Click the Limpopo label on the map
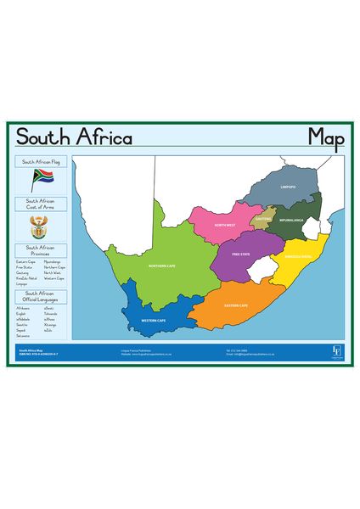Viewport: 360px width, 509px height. (288, 187)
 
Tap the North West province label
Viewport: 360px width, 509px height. (225, 225)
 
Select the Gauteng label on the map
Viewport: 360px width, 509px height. (263, 218)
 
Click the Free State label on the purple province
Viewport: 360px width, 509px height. (242, 253)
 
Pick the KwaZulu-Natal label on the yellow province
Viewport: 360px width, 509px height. (298, 255)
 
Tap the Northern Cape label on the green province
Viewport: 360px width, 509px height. (162, 266)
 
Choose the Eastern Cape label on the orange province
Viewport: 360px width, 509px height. (236, 305)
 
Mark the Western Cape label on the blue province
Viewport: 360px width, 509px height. (154, 321)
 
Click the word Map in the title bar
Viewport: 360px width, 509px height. (325, 137)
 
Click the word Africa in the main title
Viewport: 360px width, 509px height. (104, 137)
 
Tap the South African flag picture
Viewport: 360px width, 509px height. (42, 179)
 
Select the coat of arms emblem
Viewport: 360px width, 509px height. (41, 227)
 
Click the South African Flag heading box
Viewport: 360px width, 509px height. (41, 161)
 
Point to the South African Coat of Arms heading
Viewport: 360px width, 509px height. (41, 205)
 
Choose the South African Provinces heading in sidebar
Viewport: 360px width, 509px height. (41, 251)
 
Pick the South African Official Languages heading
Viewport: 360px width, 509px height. (41, 296)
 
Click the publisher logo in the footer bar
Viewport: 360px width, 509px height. (336, 350)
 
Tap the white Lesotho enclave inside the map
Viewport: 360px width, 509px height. (265, 270)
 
